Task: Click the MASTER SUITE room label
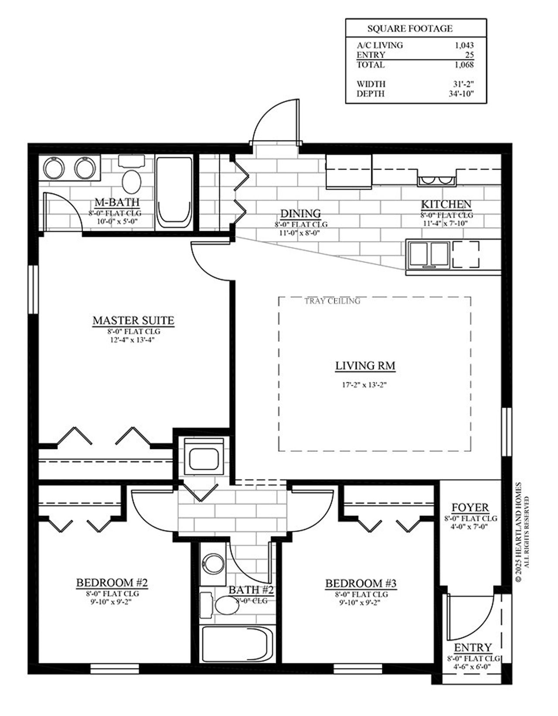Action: pos(133,320)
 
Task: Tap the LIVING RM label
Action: pos(365,366)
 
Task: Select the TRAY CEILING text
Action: pos(332,301)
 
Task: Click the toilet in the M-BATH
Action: pos(131,181)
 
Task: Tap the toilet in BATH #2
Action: pos(225,606)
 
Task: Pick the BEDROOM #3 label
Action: pos(361,583)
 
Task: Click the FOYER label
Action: pos(470,508)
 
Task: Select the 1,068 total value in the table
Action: pos(464,65)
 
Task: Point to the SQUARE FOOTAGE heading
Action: pos(410,29)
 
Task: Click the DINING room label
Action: pos(300,214)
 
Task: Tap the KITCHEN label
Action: pos(446,204)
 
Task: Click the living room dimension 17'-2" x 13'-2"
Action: pos(364,385)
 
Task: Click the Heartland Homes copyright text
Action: pos(518,532)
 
